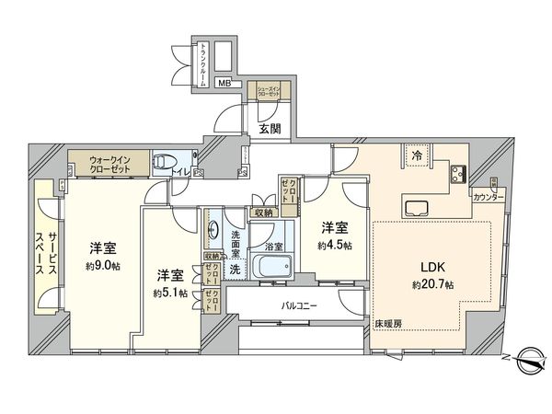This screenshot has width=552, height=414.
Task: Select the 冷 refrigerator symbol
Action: click(417, 156)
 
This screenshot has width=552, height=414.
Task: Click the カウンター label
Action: click(488, 198)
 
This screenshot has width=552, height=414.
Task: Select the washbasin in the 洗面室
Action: click(213, 229)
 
